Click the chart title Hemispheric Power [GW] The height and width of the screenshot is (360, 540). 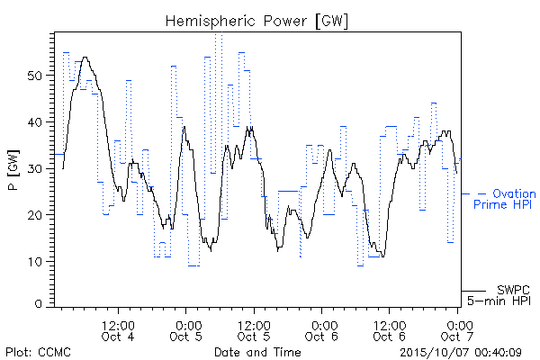tap(256, 22)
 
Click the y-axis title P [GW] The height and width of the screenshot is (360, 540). tap(13, 170)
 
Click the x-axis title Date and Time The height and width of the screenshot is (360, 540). tap(257, 352)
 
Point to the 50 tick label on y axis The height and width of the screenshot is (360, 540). tap(35, 76)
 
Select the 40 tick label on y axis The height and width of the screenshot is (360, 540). tap(35, 122)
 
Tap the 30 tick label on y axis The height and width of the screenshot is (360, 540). tap(35, 168)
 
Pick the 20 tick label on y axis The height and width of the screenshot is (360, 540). tap(35, 215)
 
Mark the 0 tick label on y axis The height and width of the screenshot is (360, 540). tap(39, 304)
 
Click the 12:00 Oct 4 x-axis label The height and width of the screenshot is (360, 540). tap(118, 331)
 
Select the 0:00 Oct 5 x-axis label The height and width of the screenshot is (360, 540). tap(186, 331)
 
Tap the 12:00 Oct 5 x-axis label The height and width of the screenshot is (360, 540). tap(254, 331)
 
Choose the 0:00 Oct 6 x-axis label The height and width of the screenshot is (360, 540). tap(321, 331)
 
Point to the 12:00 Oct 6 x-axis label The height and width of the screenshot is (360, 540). tap(390, 331)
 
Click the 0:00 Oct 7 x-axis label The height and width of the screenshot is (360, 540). tap(457, 331)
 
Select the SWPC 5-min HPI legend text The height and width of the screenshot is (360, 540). tap(499, 295)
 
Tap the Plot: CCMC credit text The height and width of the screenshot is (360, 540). tap(38, 353)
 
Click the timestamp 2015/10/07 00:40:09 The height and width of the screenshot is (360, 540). tap(461, 353)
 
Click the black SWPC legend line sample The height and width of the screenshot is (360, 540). tap(474, 291)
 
